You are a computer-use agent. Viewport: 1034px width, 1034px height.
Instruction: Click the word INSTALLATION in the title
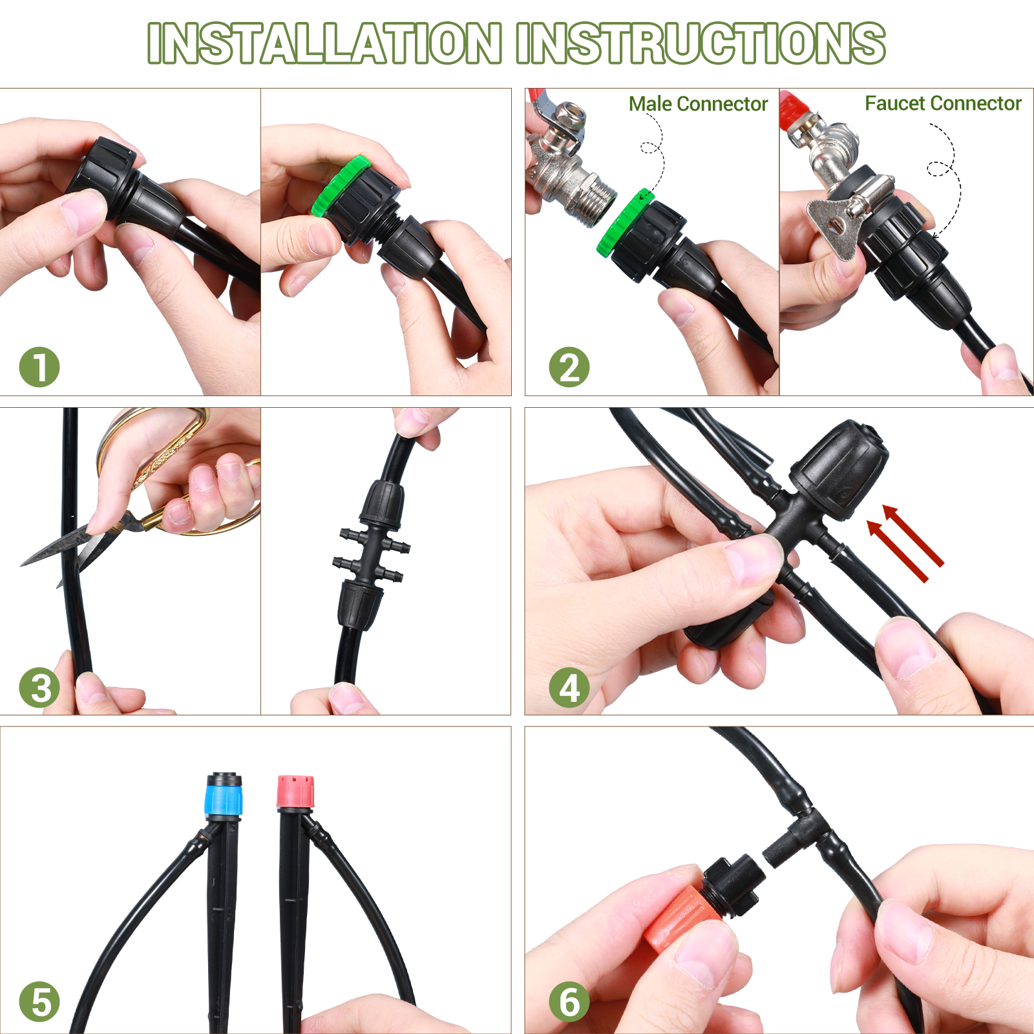tap(324, 44)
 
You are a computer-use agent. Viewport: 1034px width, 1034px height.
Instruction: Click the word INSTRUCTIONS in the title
tap(701, 44)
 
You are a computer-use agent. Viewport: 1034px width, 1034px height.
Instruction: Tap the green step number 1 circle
tap(39, 368)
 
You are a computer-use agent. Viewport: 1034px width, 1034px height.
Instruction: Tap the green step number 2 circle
tap(569, 368)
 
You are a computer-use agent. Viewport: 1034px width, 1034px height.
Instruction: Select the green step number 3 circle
tap(39, 688)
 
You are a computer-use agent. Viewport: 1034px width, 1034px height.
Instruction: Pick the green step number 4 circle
tap(569, 688)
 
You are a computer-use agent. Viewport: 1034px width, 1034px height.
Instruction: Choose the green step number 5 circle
tap(39, 1002)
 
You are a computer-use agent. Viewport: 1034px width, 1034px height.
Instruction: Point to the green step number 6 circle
tap(569, 1002)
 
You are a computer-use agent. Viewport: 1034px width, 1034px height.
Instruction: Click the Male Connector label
tap(698, 104)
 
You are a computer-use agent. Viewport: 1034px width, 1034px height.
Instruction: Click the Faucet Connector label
tap(943, 103)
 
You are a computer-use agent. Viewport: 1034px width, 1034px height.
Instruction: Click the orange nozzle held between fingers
tap(682, 918)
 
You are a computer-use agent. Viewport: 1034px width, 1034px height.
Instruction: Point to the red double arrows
tap(905, 543)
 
